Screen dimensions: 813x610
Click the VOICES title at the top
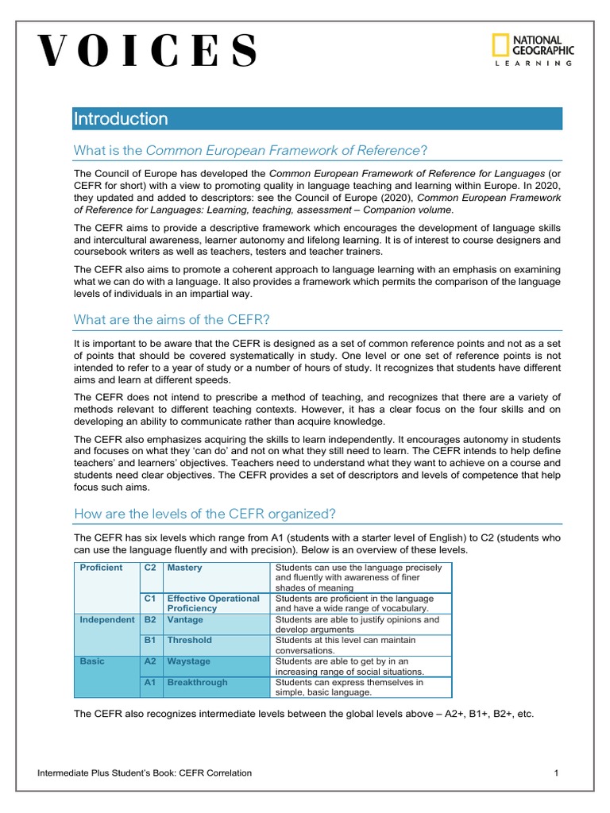pyautogui.click(x=148, y=52)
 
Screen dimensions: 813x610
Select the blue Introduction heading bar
pyautogui.click(x=317, y=119)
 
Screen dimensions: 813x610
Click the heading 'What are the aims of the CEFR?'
pyautogui.click(x=172, y=319)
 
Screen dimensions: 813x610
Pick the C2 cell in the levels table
pyautogui.click(x=149, y=568)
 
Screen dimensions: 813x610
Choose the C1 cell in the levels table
pyautogui.click(x=149, y=598)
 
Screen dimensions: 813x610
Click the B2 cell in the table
pyautogui.click(x=149, y=619)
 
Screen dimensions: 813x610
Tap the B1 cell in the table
pyautogui.click(x=149, y=640)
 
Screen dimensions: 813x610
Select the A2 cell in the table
pyautogui.click(x=149, y=661)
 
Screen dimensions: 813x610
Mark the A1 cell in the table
pyautogui.click(x=149, y=682)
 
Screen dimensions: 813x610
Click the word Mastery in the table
pyautogui.click(x=184, y=568)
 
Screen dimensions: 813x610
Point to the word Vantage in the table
pyautogui.click(x=185, y=619)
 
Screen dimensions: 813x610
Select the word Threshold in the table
pyautogui.click(x=189, y=640)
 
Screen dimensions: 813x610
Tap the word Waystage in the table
pyautogui.click(x=188, y=661)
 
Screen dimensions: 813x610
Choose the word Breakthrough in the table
pyautogui.click(x=197, y=682)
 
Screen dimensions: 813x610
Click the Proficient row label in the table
pyautogui.click(x=101, y=568)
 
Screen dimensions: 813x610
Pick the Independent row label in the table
pyautogui.click(x=107, y=619)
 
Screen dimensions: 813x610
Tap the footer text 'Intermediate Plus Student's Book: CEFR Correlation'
pyautogui.click(x=145, y=773)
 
